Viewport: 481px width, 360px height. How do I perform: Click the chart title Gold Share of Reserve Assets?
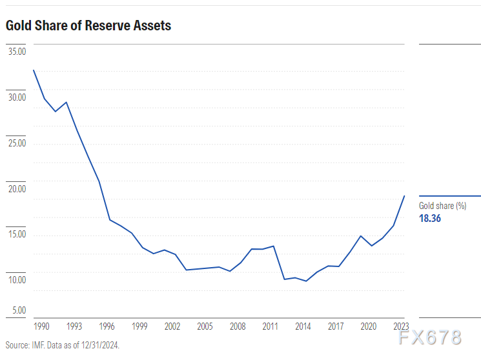(88, 26)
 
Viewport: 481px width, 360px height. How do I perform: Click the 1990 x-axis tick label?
(41, 326)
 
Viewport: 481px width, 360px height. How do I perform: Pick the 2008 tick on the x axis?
(238, 326)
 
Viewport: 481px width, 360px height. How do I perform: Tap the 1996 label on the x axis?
(107, 326)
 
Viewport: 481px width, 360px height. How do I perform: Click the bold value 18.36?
(430, 218)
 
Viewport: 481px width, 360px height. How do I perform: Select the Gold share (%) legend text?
(443, 206)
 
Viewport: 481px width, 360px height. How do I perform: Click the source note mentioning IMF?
(63, 345)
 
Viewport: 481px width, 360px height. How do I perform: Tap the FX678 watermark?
(430, 337)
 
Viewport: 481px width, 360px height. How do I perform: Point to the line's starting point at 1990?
(34, 70)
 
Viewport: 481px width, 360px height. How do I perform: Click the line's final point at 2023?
(405, 195)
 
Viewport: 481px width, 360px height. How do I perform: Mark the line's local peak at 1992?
(67, 102)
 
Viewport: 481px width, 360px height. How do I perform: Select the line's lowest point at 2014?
(306, 281)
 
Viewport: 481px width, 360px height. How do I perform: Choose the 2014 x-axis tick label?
(303, 326)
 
